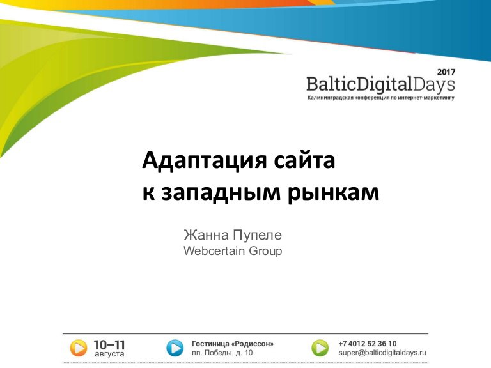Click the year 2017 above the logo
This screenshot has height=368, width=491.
446,72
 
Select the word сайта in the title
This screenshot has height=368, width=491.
304,160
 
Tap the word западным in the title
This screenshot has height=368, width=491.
221,193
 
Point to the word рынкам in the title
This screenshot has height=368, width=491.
333,193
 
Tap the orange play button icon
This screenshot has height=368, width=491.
78,348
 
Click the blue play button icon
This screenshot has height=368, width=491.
175,348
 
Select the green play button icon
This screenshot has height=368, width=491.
320,348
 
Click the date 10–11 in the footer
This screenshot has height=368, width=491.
109,345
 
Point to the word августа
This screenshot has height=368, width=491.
109,354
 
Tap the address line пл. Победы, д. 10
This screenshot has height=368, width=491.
222,353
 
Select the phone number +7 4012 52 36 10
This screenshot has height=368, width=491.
368,344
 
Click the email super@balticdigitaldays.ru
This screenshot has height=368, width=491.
382,353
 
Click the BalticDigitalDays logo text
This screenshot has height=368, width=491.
380,84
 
